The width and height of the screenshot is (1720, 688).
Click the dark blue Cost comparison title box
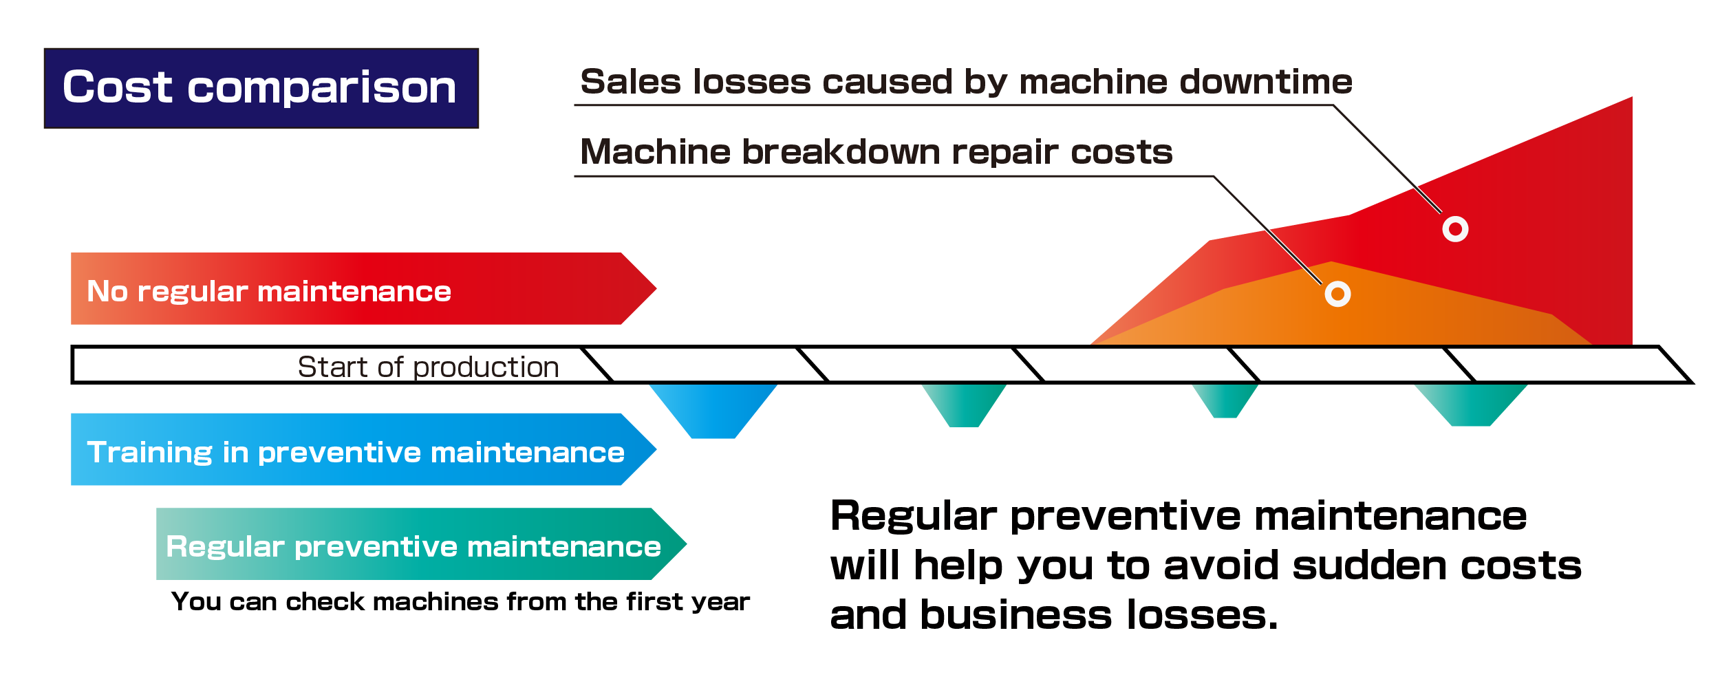(x=261, y=88)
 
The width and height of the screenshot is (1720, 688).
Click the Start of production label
(x=428, y=367)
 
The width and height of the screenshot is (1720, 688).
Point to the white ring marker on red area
(x=1455, y=228)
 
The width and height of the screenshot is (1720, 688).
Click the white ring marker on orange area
(x=1337, y=294)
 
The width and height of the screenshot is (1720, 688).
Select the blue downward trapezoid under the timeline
(x=713, y=409)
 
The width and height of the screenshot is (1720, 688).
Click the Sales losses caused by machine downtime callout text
(x=965, y=82)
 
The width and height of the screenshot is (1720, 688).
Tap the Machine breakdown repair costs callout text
(x=876, y=151)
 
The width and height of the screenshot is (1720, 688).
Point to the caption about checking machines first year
(x=460, y=602)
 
